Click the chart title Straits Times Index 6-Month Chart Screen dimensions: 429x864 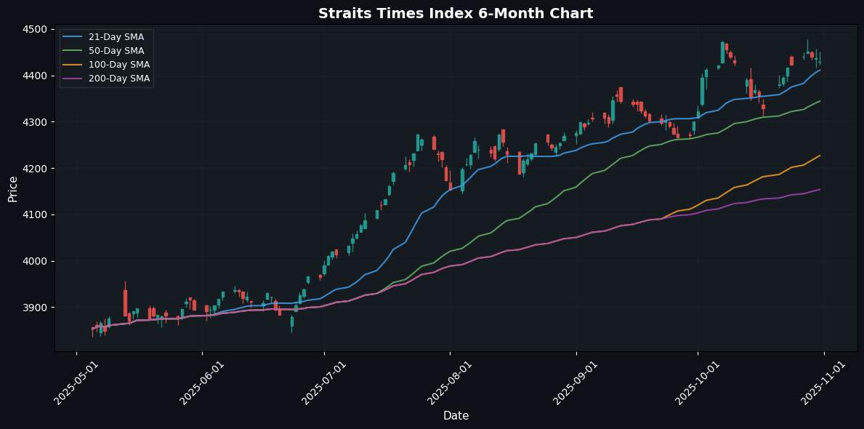[x=432, y=13]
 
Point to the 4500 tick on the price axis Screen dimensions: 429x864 [x=35, y=29]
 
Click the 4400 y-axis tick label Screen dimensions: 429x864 [x=35, y=76]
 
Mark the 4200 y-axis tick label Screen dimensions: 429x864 [x=35, y=169]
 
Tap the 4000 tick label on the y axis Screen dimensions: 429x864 [x=35, y=261]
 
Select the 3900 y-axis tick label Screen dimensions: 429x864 [x=35, y=308]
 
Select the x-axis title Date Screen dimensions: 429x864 [x=456, y=416]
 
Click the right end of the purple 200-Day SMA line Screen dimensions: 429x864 [x=820, y=189]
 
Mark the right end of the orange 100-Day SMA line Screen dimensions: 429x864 [x=820, y=155]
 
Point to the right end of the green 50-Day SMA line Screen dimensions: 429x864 [x=820, y=101]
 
